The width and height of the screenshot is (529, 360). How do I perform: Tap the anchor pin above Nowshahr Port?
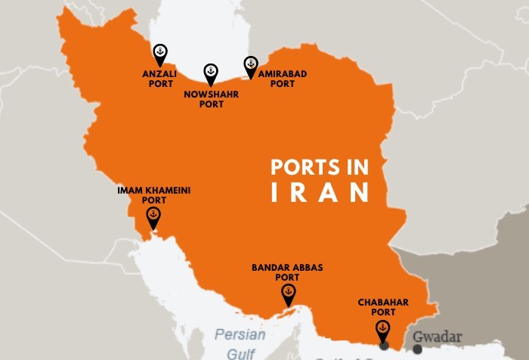(x=211, y=73)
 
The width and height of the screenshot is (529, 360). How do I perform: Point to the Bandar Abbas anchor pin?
(x=288, y=294)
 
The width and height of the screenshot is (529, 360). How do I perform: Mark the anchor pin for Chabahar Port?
(x=383, y=330)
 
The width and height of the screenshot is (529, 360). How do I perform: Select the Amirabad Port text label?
(x=283, y=79)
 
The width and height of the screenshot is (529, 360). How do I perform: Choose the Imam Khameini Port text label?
(x=153, y=195)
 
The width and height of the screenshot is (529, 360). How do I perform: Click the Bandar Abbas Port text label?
(x=288, y=272)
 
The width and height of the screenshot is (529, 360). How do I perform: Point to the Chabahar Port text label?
(x=384, y=307)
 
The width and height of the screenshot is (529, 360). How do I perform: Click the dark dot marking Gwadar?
(x=418, y=349)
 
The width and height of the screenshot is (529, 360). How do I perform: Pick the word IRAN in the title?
(x=320, y=192)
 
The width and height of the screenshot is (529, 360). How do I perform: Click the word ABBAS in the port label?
(x=309, y=267)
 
